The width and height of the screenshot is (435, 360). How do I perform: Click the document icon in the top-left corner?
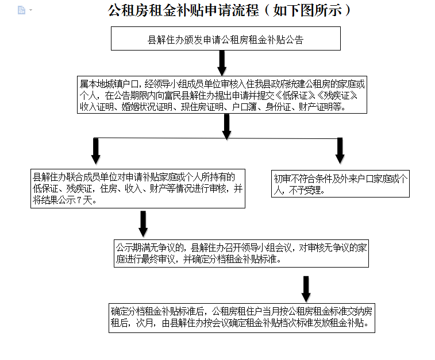pyautogui.click(x=21, y=10)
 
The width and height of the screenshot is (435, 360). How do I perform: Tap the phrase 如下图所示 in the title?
pyautogui.click(x=307, y=10)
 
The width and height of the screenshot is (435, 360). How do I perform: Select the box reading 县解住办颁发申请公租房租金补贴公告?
pyautogui.click(x=226, y=38)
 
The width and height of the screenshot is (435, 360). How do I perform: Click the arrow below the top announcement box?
pyautogui.click(x=222, y=63)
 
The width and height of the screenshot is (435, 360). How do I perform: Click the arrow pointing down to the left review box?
pyautogui.click(x=96, y=151)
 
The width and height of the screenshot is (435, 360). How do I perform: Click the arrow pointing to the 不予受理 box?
pyautogui.click(x=340, y=151)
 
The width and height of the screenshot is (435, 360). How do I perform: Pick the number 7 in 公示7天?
pyautogui.click(x=79, y=200)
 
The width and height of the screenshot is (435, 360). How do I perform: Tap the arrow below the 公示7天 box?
pyautogui.click(x=143, y=224)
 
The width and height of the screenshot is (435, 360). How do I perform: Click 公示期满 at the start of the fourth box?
pyautogui.click(x=133, y=247)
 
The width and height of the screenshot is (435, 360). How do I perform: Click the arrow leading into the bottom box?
pyautogui.click(x=306, y=289)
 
